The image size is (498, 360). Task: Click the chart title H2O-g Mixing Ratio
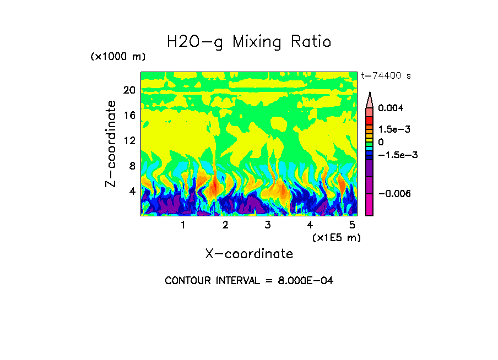(x=249, y=42)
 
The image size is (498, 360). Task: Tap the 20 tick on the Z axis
(x=129, y=90)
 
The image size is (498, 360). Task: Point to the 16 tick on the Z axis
(x=129, y=116)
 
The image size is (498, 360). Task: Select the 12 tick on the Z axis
(x=129, y=141)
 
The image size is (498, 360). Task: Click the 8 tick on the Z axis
(x=132, y=166)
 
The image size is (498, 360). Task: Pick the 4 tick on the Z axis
(x=132, y=192)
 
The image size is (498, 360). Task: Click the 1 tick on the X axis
(x=183, y=225)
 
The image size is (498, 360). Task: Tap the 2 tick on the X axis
(x=225, y=225)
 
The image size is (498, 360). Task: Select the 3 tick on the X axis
(x=268, y=225)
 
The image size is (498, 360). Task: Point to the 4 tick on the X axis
(x=310, y=225)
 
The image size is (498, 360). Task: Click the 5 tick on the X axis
(x=352, y=225)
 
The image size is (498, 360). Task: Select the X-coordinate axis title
(x=249, y=254)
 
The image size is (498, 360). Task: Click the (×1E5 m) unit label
(x=336, y=237)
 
